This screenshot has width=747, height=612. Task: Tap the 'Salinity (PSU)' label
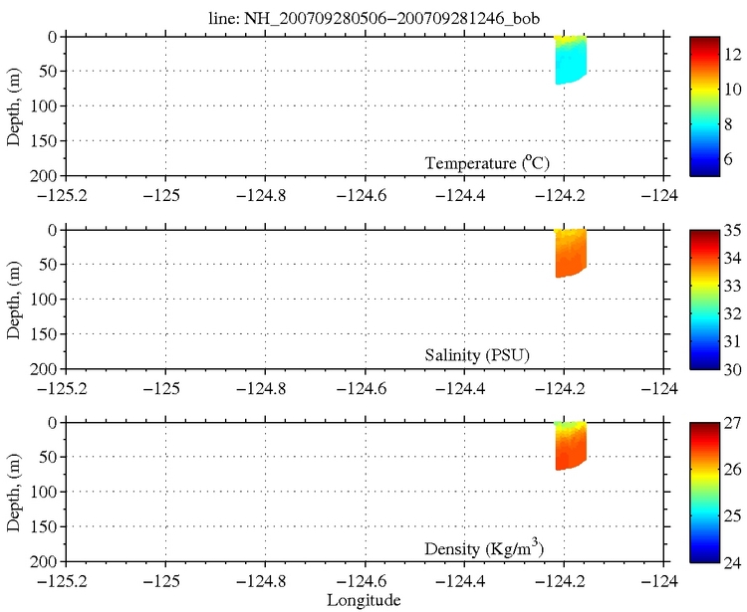click(489, 355)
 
